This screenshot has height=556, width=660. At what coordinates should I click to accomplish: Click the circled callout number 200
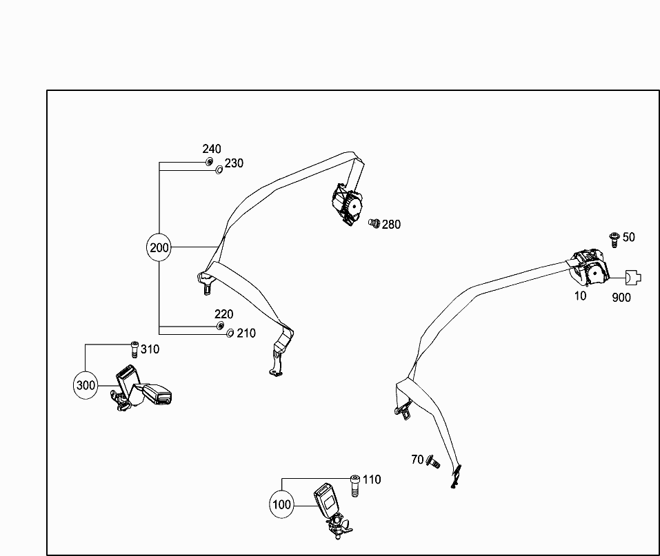click(159, 247)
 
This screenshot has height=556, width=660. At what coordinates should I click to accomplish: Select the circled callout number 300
click(86, 385)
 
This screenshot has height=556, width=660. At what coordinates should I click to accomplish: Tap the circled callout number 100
click(282, 504)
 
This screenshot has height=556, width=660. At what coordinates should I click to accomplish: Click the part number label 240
click(212, 149)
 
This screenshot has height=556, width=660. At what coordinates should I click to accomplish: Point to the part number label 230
click(234, 163)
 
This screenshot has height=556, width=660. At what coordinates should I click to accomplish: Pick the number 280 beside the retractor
click(391, 225)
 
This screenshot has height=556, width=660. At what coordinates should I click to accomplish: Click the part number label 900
click(621, 298)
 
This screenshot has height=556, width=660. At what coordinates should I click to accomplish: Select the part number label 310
click(150, 349)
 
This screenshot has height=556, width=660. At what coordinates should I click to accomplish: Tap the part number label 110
click(372, 480)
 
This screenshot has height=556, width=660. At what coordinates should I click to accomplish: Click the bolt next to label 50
click(613, 238)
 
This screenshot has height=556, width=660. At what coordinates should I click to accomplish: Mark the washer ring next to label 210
click(230, 334)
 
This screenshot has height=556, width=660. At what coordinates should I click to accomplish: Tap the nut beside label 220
click(219, 325)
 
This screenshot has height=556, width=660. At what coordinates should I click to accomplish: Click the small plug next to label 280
click(374, 224)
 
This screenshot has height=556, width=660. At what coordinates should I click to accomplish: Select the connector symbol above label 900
click(632, 278)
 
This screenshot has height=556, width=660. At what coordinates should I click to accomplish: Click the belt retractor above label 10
click(590, 269)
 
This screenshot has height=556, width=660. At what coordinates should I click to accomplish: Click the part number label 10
click(580, 296)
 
